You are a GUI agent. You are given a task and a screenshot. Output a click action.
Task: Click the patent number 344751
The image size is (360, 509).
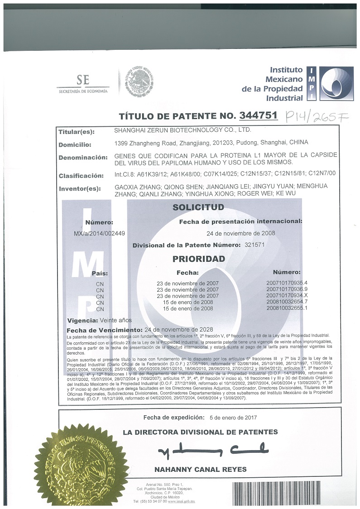click(258, 116)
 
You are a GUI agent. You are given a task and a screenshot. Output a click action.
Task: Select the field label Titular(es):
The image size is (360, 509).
click(77, 132)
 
